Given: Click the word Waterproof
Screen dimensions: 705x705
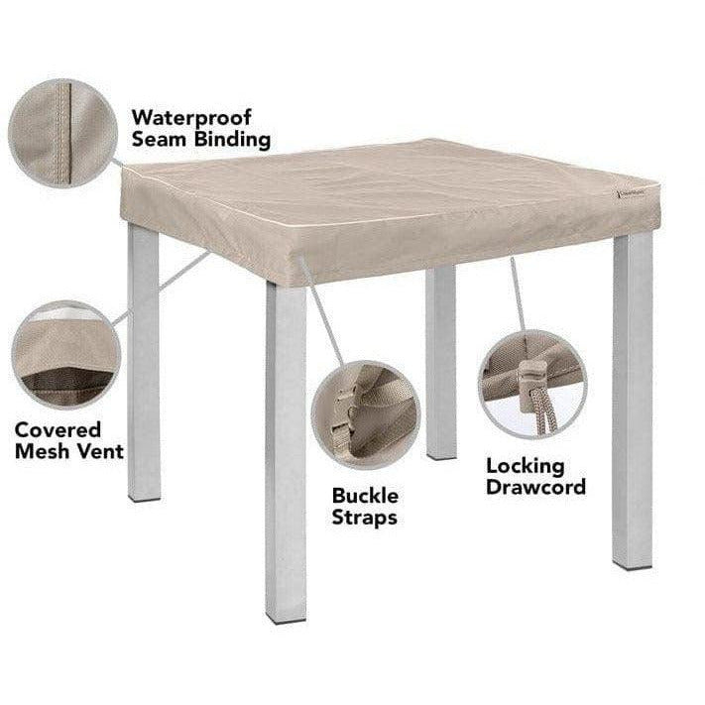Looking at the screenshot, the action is click(191, 119).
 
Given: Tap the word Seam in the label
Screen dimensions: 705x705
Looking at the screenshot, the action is click(159, 140).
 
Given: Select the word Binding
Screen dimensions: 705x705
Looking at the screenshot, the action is click(232, 140).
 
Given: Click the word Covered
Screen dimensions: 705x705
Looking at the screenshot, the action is click(58, 430).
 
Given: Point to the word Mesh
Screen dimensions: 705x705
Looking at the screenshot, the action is click(41, 451).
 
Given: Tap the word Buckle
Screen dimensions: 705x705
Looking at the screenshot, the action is click(365, 496).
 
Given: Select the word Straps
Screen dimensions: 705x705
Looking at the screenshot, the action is click(364, 518).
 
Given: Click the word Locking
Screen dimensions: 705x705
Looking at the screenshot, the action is click(526, 466).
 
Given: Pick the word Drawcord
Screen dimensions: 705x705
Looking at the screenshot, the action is click(536, 487).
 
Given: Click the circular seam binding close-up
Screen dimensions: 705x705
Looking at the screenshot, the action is click(62, 133).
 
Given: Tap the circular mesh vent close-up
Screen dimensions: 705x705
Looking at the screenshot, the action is click(66, 355).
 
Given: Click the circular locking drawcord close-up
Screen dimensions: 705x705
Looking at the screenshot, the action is click(532, 385).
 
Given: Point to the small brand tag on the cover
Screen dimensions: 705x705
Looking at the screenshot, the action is click(632, 193).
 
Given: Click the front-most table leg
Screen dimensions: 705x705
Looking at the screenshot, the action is click(286, 452).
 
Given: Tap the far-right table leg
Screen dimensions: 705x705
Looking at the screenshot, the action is click(633, 401).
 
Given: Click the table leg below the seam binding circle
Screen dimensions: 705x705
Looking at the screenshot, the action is click(144, 362).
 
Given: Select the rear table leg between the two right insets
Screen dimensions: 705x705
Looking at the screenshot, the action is click(440, 362).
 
